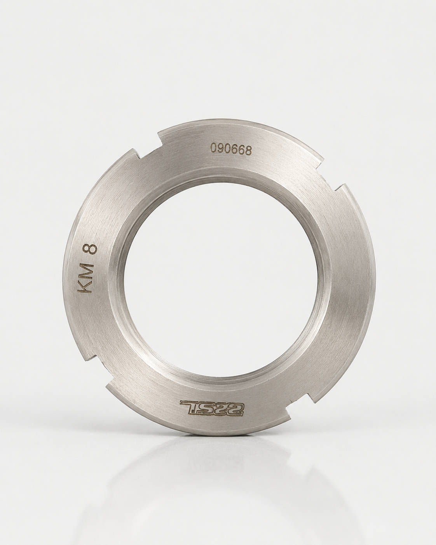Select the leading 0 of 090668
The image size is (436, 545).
(x=214, y=149)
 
